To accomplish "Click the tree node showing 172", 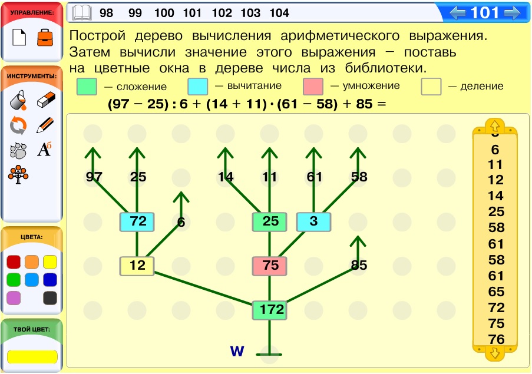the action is (270, 310).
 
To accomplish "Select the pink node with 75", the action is (270, 266).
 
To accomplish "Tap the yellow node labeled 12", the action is (137, 266).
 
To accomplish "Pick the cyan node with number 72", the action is (137, 222).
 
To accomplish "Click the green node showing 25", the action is (270, 222).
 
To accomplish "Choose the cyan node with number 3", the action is (314, 222).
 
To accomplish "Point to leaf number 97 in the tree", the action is (94, 177).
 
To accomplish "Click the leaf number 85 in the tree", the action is (359, 265).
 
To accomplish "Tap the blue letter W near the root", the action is (237, 351).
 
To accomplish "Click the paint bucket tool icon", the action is (18, 100).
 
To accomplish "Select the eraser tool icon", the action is (46, 100).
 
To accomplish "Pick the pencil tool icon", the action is (45, 125).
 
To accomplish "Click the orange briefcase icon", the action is (45, 37).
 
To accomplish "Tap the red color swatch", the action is (14, 262).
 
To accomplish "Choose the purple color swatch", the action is (14, 298).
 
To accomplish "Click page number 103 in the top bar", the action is (250, 13).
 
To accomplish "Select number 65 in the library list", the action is (496, 292).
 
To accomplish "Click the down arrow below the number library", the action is (495, 353).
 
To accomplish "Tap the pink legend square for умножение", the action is (313, 87).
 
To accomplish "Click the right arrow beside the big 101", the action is (512, 13).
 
